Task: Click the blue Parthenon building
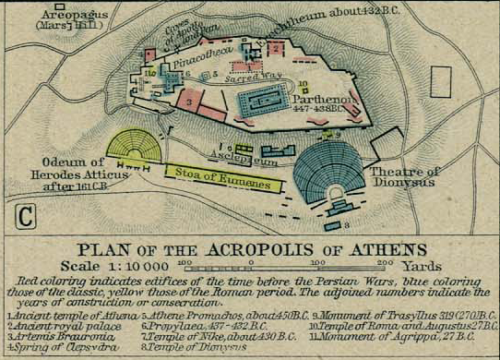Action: click(x=264, y=102)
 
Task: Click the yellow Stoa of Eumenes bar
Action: click(x=223, y=175)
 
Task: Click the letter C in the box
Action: click(x=26, y=218)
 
